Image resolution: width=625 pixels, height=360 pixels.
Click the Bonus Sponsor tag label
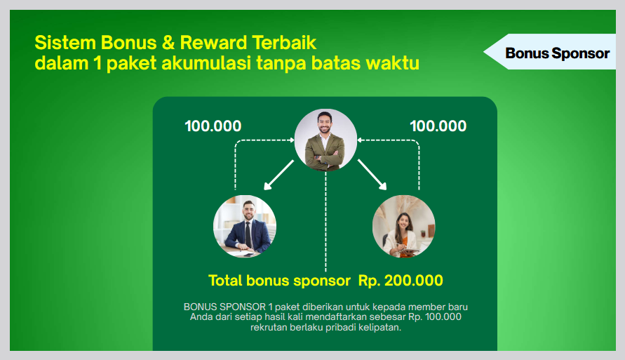pyautogui.click(x=557, y=53)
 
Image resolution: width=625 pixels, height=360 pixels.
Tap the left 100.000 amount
pyautogui.click(x=213, y=126)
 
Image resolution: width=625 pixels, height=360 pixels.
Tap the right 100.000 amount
pyautogui.click(x=438, y=126)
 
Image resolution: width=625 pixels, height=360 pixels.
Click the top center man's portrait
pyautogui.click(x=325, y=140)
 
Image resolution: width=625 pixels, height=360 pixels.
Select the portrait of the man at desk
pyautogui.click(x=245, y=227)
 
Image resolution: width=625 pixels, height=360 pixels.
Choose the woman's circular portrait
pyautogui.click(x=403, y=227)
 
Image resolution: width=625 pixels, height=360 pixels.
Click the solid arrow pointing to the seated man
pyautogui.click(x=279, y=175)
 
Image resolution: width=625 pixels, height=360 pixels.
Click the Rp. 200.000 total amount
pyautogui.click(x=401, y=281)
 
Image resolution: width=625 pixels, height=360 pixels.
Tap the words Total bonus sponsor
pyautogui.click(x=279, y=281)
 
